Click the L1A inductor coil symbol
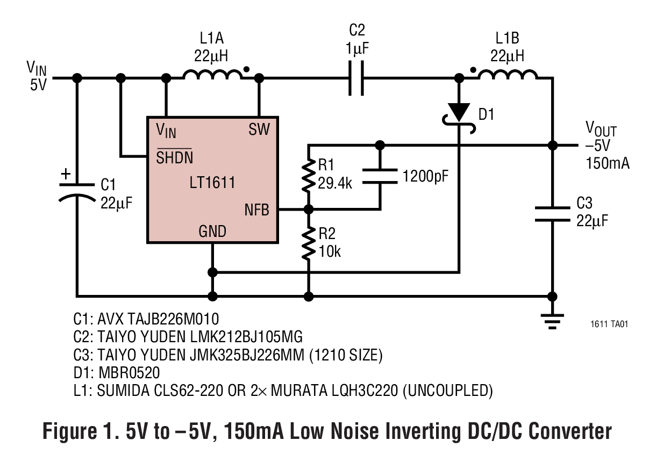(x=213, y=75)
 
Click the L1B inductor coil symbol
(x=507, y=75)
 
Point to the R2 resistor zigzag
(x=308, y=242)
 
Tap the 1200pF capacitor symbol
(x=380, y=176)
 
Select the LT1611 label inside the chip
(x=212, y=183)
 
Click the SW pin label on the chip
(x=259, y=129)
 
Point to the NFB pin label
(x=256, y=210)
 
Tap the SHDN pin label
(x=174, y=157)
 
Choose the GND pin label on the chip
(x=212, y=232)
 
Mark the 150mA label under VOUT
(x=607, y=163)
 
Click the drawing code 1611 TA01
(x=609, y=324)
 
